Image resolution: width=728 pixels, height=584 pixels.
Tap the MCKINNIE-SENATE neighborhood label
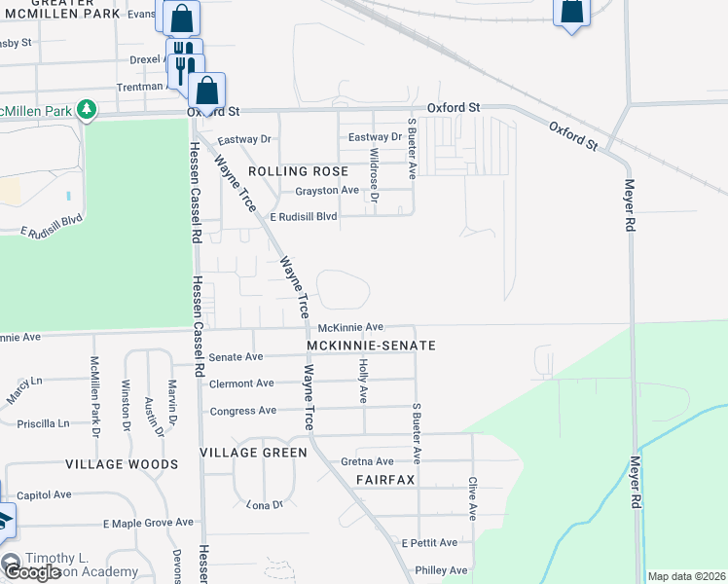(x=370, y=346)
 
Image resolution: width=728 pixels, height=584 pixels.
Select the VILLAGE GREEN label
(x=253, y=453)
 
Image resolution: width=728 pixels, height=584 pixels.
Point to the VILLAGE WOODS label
(x=122, y=465)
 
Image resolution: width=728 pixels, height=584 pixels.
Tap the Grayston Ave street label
(x=328, y=190)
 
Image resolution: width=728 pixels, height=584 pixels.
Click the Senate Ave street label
(x=236, y=357)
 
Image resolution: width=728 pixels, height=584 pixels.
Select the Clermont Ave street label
(x=241, y=383)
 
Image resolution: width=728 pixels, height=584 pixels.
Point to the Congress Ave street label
(x=243, y=411)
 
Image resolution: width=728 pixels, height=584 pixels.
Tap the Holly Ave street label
(x=363, y=381)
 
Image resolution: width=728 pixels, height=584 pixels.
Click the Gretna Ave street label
(x=367, y=461)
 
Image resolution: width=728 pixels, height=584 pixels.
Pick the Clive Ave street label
(x=472, y=495)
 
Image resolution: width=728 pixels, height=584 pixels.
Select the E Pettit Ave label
(x=429, y=542)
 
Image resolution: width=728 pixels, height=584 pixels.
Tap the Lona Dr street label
(x=264, y=504)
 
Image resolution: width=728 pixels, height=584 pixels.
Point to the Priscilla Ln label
(x=44, y=424)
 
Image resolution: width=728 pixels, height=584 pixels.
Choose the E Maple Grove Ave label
(x=149, y=524)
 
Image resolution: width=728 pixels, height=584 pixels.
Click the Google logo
(x=32, y=572)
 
